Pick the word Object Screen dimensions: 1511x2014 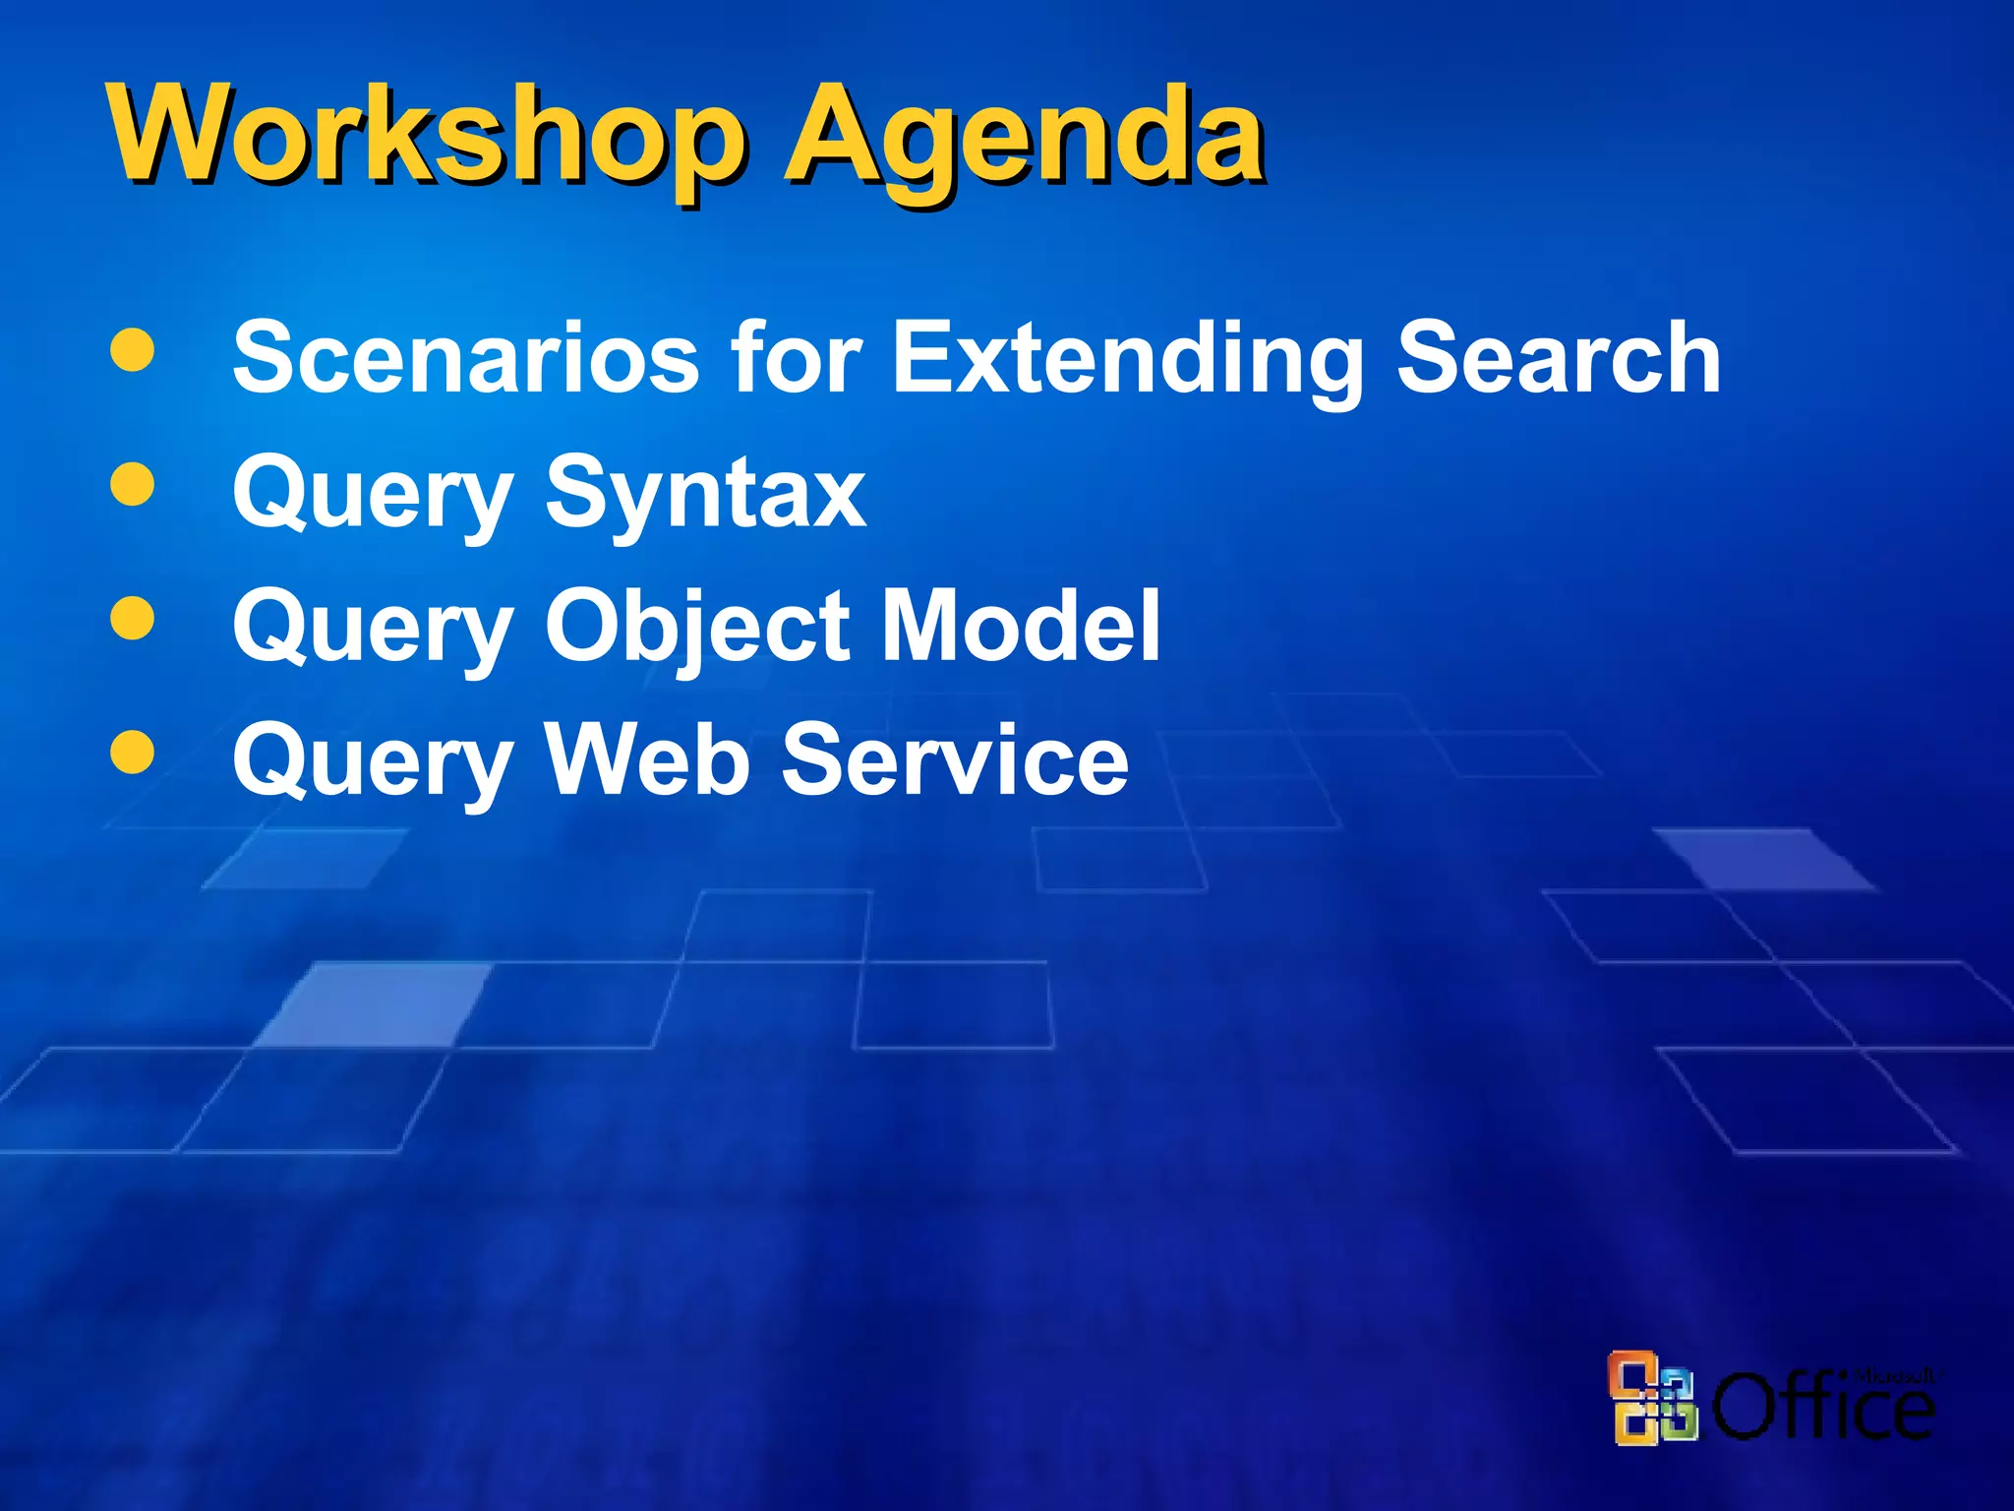pos(699,627)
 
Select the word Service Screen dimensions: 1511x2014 pos(955,758)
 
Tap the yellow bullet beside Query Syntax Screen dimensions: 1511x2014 pos(133,484)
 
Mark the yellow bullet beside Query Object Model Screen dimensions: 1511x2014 pos(133,619)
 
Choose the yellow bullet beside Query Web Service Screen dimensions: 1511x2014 pos(133,753)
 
